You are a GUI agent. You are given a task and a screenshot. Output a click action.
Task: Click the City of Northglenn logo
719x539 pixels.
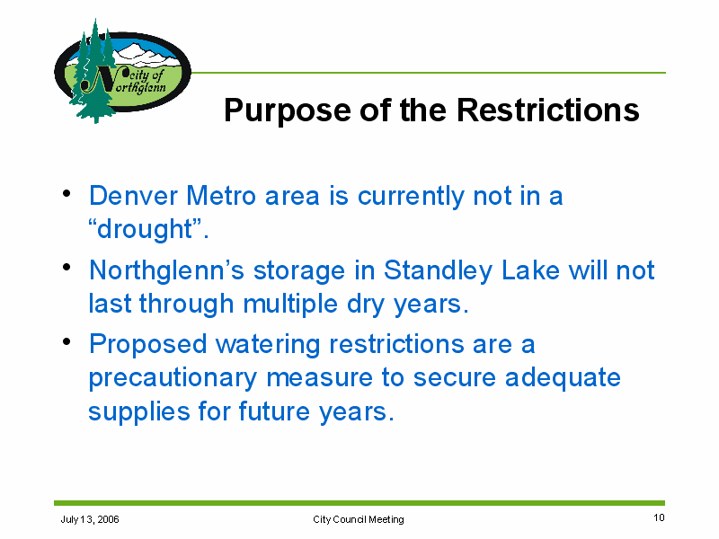(122, 71)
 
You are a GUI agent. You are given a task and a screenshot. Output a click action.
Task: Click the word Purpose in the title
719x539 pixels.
(288, 111)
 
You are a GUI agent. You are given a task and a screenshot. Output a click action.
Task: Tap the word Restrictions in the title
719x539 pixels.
(548, 110)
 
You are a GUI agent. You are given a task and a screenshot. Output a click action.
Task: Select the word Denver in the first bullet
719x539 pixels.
(133, 196)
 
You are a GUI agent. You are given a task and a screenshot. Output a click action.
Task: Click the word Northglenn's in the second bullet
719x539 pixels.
(167, 271)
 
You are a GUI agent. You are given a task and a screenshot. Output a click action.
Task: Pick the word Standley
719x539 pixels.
(438, 271)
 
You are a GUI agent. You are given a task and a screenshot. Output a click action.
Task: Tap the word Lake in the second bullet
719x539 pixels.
(530, 270)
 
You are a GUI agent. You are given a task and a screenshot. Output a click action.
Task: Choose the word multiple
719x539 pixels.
(290, 305)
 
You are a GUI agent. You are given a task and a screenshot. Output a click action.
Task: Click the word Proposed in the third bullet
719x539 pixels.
(148, 345)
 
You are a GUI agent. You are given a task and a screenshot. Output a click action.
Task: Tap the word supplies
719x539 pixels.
(138, 412)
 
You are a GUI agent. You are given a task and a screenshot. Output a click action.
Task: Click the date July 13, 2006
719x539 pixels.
(90, 519)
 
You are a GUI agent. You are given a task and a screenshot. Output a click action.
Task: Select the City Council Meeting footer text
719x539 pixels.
(359, 519)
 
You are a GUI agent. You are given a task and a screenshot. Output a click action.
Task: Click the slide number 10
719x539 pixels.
(659, 517)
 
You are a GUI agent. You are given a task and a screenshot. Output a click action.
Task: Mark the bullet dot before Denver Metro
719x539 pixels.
(67, 192)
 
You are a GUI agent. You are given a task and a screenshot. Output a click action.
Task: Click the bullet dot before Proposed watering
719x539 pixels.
(67, 341)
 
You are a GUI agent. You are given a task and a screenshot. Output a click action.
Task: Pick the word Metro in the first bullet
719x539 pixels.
(221, 196)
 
